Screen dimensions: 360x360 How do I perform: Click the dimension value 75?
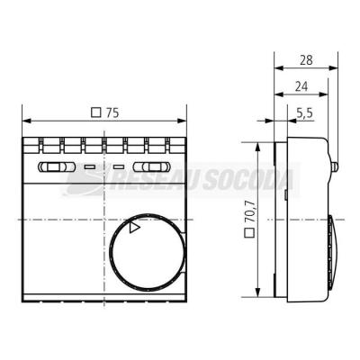[112, 112]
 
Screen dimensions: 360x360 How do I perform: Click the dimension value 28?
[306, 60]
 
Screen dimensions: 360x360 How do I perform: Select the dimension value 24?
[301, 86]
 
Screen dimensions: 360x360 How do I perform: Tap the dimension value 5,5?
[304, 113]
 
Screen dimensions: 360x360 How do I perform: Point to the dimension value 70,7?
[249, 211]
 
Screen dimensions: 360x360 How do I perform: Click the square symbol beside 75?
[96, 112]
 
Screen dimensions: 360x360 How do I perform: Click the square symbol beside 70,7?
[249, 233]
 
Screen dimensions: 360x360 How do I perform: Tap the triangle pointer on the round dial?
[134, 228]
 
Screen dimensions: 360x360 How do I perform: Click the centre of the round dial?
[147, 253]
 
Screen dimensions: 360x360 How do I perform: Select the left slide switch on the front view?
[56, 166]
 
